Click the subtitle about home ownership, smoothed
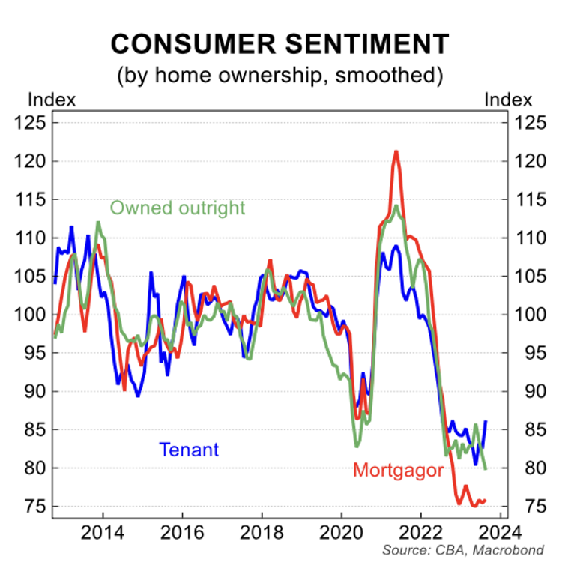[x=280, y=75]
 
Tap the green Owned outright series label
[x=178, y=207]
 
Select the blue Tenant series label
[x=189, y=449]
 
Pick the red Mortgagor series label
[x=398, y=471]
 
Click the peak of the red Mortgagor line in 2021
[x=396, y=152]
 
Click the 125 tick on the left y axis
[x=33, y=123]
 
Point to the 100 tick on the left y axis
[x=33, y=315]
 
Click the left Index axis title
[x=51, y=100]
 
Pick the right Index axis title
[x=508, y=100]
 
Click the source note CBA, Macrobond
[x=462, y=551]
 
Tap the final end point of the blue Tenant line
[x=486, y=422]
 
